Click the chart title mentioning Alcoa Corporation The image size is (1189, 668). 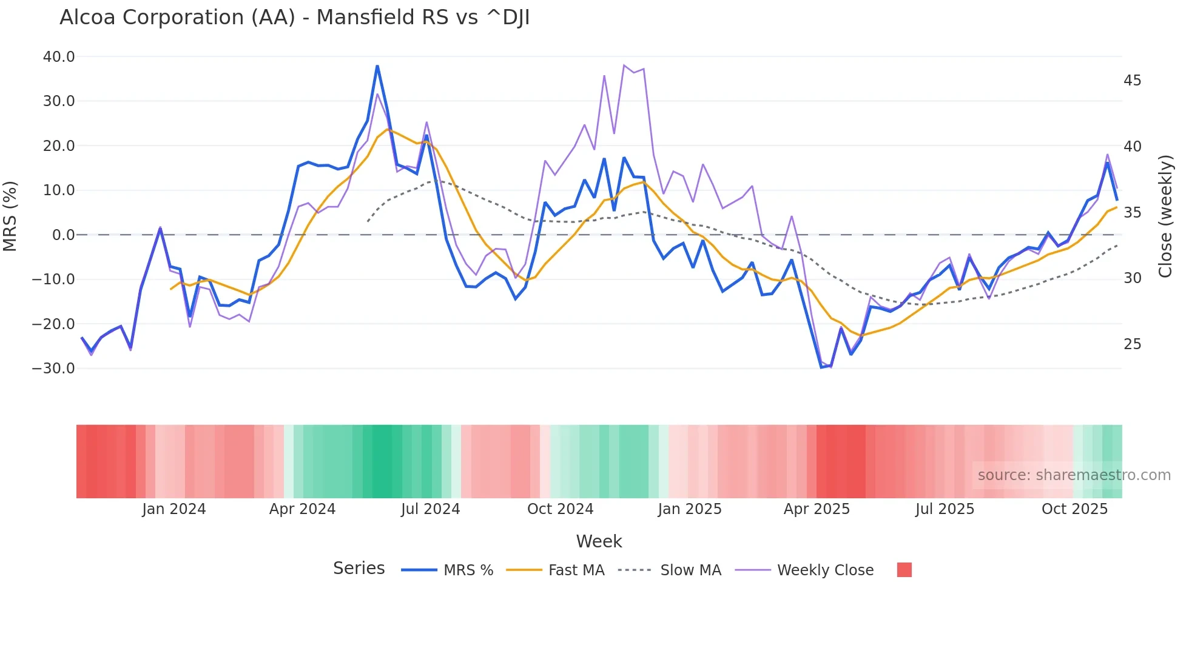pyautogui.click(x=294, y=18)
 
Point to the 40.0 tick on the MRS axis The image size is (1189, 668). pyautogui.click(x=58, y=57)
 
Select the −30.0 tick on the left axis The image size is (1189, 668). pyautogui.click(x=53, y=369)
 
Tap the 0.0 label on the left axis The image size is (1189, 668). pyautogui.click(x=63, y=235)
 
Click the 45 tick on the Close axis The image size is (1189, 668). pyautogui.click(x=1132, y=81)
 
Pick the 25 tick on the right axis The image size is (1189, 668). pyautogui.click(x=1132, y=344)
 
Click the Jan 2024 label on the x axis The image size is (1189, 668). pyautogui.click(x=174, y=509)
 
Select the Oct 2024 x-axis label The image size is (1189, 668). pyautogui.click(x=560, y=509)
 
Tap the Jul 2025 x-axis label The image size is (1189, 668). pyautogui.click(x=945, y=509)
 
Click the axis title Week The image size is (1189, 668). pyautogui.click(x=599, y=541)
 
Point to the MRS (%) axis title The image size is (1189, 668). pyautogui.click(x=10, y=216)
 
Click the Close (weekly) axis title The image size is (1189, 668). pyautogui.click(x=1165, y=216)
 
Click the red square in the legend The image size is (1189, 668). pyautogui.click(x=904, y=570)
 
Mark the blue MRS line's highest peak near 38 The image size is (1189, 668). pyautogui.click(x=377, y=66)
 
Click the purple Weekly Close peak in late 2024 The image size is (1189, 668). pyautogui.click(x=624, y=65)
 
